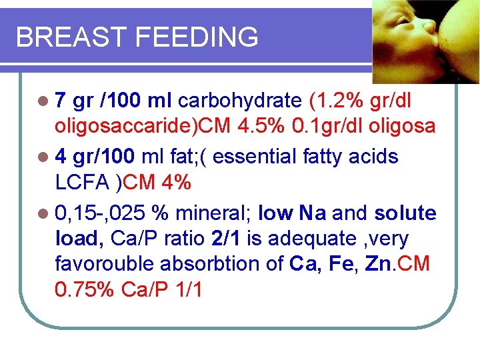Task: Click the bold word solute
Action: click(x=405, y=214)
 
